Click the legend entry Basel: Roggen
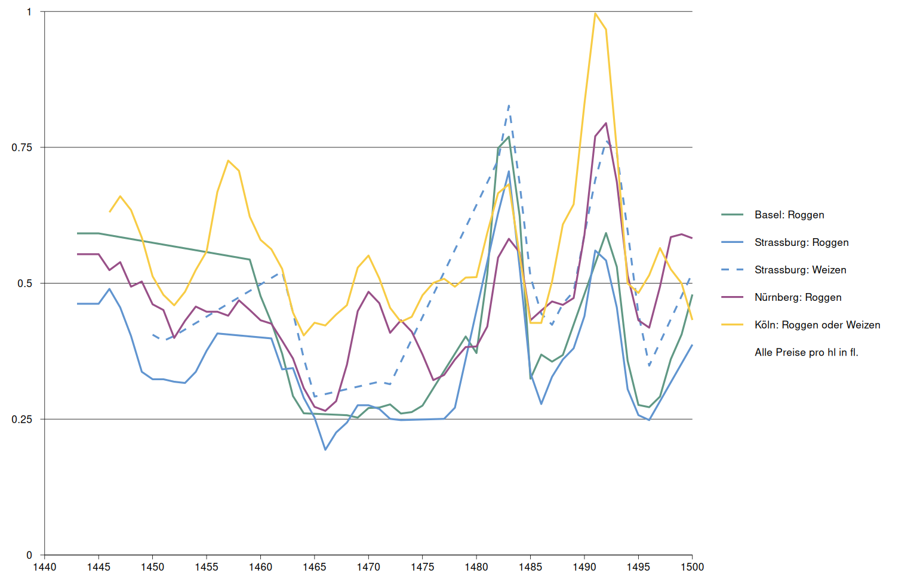pyautogui.click(x=789, y=215)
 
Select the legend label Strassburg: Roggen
pyautogui.click(x=801, y=242)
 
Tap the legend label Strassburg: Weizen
pyautogui.click(x=800, y=270)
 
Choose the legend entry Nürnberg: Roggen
pyautogui.click(x=798, y=297)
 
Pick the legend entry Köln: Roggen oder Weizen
pyautogui.click(x=817, y=325)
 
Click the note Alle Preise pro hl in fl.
pyautogui.click(x=806, y=352)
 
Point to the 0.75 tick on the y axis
pyautogui.click(x=21, y=147)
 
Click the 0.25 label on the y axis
pyautogui.click(x=21, y=419)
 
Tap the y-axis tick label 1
pyautogui.click(x=29, y=12)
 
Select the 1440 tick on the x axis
pyautogui.click(x=44, y=566)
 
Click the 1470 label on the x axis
pyautogui.click(x=368, y=566)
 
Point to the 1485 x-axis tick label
pyautogui.click(x=530, y=566)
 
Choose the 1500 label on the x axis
pyautogui.click(x=692, y=566)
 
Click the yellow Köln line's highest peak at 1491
pyautogui.click(x=595, y=13)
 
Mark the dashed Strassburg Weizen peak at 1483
pyautogui.click(x=509, y=106)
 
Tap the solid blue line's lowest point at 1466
pyautogui.click(x=325, y=449)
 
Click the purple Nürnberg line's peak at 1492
pyautogui.click(x=606, y=123)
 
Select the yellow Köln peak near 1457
pyautogui.click(x=228, y=161)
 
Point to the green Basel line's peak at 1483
pyautogui.click(x=509, y=137)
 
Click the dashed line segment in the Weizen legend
pyautogui.click(x=732, y=270)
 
